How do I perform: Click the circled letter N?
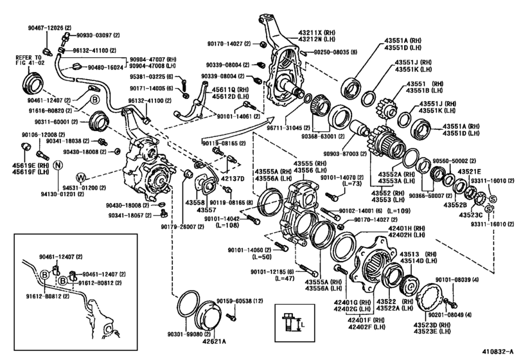tap(57, 165)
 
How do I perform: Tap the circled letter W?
tap(82, 177)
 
